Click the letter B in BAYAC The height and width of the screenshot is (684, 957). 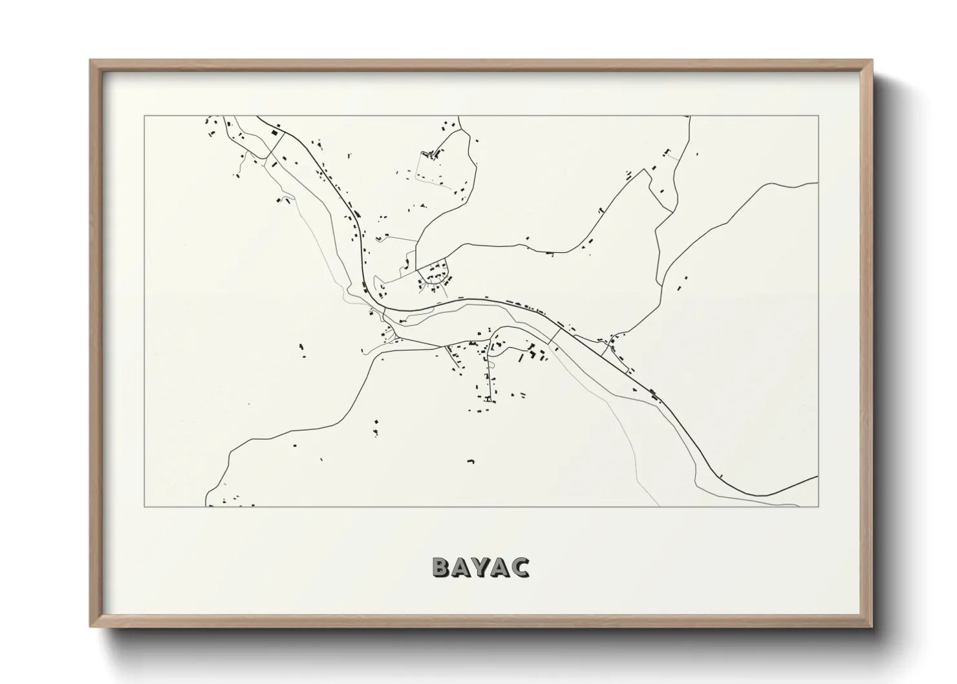[442, 567]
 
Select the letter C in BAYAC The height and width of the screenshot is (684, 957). [519, 567]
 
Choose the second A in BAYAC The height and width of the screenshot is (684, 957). [500, 567]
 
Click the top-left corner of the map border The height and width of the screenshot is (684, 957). [144, 116]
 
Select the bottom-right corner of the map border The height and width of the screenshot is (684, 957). [819, 507]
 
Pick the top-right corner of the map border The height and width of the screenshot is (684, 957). [819, 116]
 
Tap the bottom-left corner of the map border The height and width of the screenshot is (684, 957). [144, 507]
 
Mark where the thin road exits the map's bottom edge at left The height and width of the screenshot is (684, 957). [206, 506]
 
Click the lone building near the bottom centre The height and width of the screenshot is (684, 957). [471, 462]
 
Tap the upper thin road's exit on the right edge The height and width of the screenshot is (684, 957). [818, 184]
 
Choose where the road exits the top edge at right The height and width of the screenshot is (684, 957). [689, 117]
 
